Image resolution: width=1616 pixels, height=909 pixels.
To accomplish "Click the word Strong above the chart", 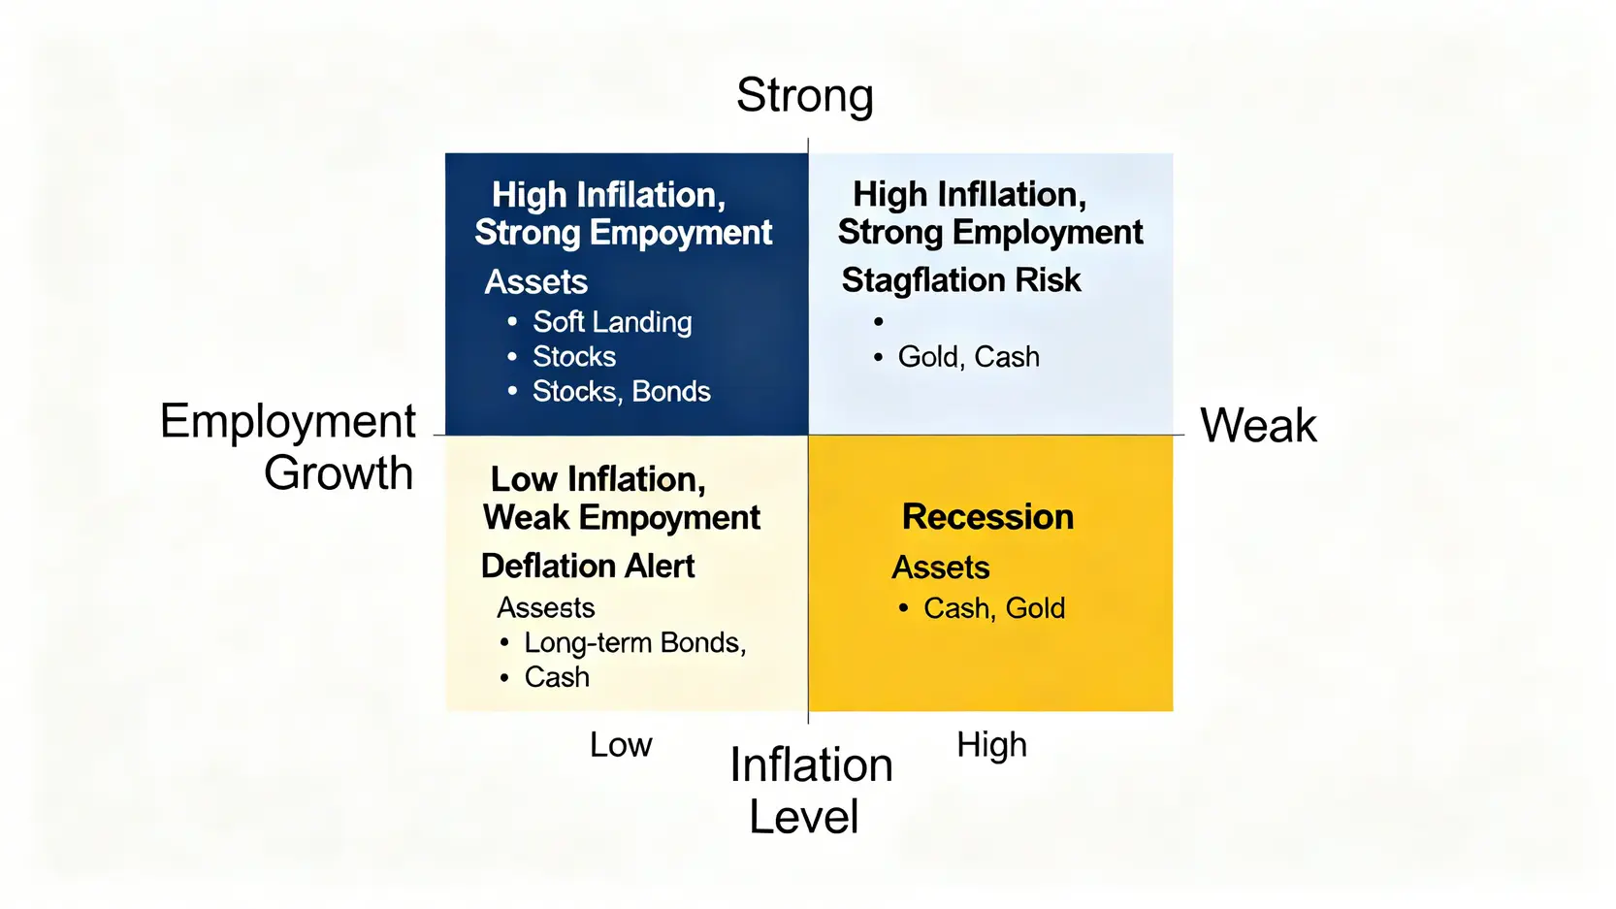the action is tap(804, 95).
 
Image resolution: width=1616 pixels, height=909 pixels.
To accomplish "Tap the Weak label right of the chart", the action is tap(1258, 425).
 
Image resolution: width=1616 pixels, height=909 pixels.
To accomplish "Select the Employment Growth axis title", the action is tap(287, 446).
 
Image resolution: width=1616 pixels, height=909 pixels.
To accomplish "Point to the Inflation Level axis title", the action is tap(811, 790).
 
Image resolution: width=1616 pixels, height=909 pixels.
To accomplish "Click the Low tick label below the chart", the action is tap(621, 744).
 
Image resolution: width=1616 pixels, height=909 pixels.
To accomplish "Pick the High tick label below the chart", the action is tap(991, 744).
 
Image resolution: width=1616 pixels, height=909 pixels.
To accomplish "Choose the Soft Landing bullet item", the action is tap(612, 322).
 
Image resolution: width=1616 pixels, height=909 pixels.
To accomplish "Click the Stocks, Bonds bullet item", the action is tap(621, 391).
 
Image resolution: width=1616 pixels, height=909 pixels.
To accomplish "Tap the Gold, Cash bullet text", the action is tap(968, 356).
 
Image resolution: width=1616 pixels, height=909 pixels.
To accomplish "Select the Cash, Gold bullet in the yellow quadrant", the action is tap(994, 608).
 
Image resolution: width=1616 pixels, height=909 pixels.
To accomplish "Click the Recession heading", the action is tap(987, 516).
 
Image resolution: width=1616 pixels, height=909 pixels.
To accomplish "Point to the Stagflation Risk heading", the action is tap(961, 280).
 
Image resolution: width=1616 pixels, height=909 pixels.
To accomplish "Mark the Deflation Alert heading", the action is tap(587, 566).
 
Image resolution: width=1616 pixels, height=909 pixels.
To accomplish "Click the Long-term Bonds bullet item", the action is tap(634, 642).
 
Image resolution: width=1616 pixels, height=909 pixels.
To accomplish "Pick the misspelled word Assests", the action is tap(545, 607).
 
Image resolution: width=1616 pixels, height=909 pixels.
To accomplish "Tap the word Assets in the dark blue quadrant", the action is tap(536, 281).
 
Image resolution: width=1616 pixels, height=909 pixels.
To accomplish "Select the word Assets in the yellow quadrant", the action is tap(941, 568).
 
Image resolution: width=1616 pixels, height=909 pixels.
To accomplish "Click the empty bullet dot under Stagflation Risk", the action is tap(878, 322).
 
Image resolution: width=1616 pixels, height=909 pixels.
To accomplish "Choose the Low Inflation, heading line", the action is tap(598, 479).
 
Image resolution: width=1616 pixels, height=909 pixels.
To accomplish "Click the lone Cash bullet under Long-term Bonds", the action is tap(557, 677).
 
